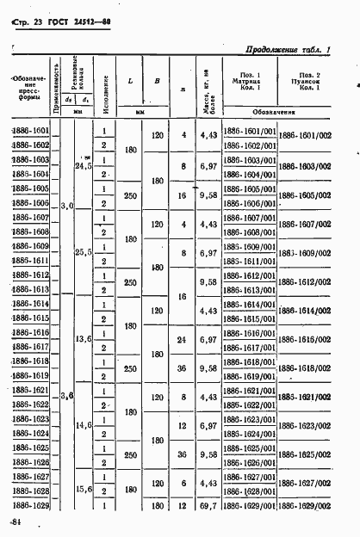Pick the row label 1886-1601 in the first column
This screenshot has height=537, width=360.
(31, 130)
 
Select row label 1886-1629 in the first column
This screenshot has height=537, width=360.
(31, 505)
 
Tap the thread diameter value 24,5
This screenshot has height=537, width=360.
(84, 167)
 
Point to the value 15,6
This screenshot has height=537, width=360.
(84, 489)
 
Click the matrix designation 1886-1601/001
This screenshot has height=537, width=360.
(249, 131)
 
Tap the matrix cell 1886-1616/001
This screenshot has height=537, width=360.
(249, 332)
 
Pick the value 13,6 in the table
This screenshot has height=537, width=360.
(84, 339)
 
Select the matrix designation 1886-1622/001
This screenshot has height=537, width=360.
(249, 405)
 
